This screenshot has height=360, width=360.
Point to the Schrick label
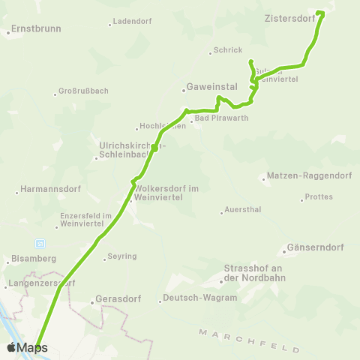pos(228,50)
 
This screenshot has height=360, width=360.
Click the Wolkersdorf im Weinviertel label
pos(166,193)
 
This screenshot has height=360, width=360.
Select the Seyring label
pos(122,256)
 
